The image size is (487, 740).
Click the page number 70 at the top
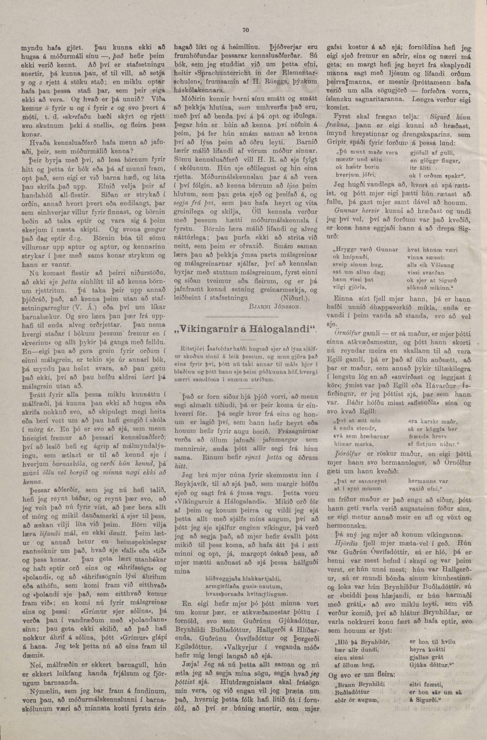pyautogui.click(x=246, y=30)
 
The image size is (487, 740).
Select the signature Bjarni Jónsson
pyautogui.click(x=280, y=307)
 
